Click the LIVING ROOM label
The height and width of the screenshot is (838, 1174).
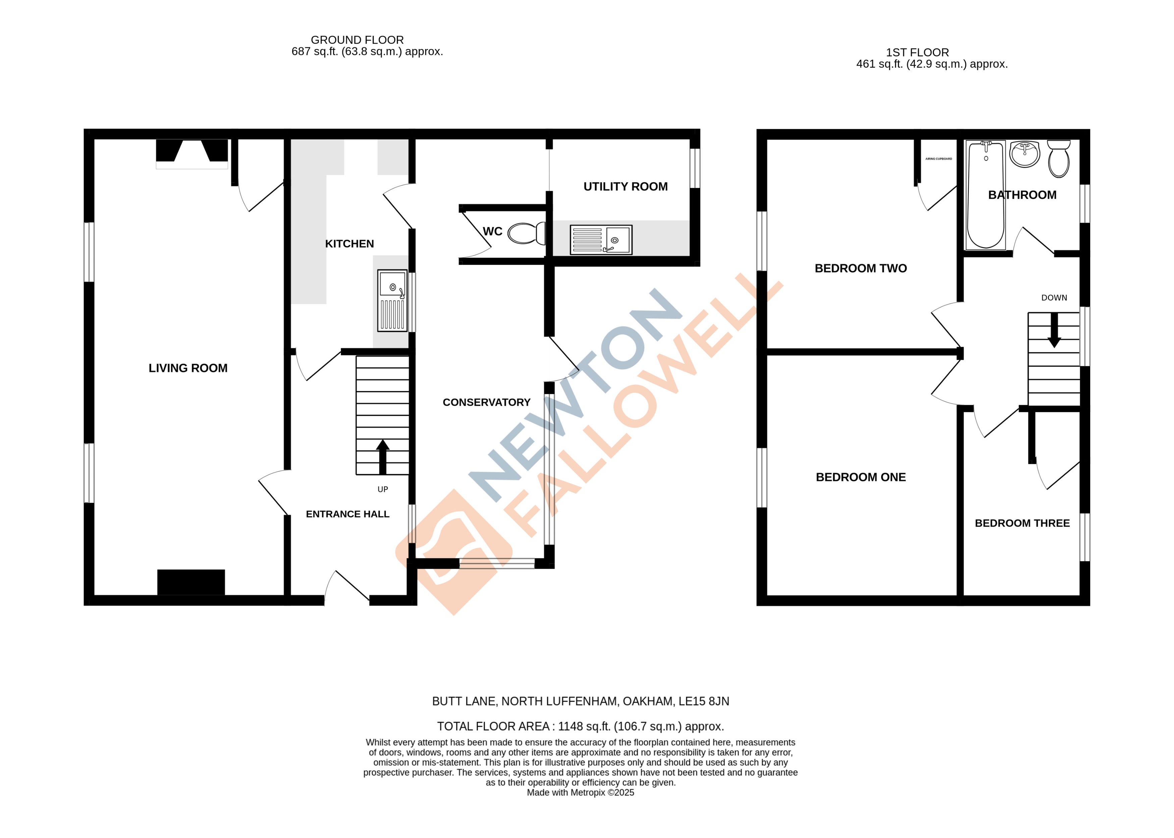coord(188,368)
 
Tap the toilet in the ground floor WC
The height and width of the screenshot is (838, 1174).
coord(525,233)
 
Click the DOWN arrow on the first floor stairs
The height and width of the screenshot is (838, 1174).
coord(1054,330)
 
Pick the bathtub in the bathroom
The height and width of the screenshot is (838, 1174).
coord(985,195)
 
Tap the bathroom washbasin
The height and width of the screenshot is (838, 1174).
coord(1024,154)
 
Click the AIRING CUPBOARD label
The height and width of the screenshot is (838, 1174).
coord(939,159)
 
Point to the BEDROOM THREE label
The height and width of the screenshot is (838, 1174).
coord(1022,523)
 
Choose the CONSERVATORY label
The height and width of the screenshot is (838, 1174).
coord(486,402)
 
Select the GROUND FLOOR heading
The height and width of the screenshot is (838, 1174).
coord(357,40)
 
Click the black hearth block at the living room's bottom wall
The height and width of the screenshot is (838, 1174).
coord(191,582)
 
